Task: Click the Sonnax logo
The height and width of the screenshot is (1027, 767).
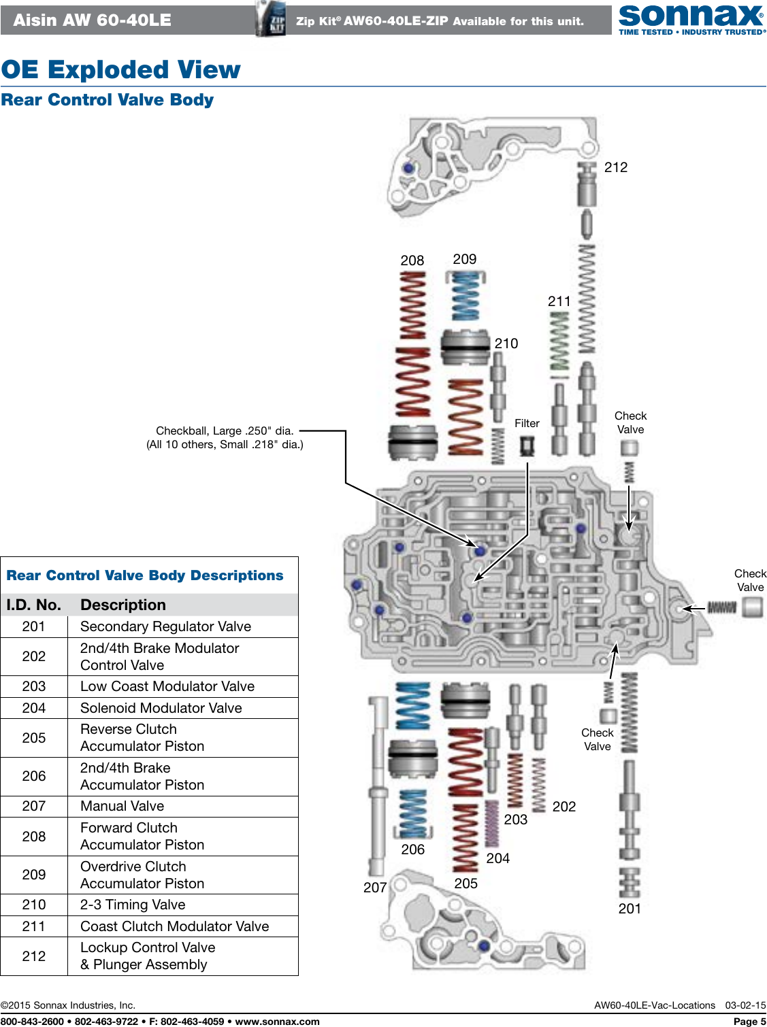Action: tap(691, 18)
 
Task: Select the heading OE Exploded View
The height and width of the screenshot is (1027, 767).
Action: tap(121, 69)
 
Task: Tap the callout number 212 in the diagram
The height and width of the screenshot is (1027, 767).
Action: tap(615, 167)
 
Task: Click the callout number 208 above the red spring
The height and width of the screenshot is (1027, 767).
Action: tap(412, 260)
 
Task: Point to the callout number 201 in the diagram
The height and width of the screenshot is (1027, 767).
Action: tap(630, 909)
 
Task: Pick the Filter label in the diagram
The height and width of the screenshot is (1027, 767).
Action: tap(527, 423)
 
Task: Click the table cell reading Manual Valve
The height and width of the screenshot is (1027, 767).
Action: tap(123, 806)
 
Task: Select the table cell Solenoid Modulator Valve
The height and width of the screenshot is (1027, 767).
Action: tap(161, 708)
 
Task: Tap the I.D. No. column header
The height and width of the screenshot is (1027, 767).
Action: tap(34, 605)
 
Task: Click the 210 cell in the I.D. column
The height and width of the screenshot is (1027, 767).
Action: tap(34, 905)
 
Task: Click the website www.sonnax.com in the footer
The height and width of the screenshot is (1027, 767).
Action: tap(277, 1021)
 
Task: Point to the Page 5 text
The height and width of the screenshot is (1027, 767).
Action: tap(749, 1021)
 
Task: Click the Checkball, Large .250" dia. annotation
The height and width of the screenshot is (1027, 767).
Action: tap(225, 431)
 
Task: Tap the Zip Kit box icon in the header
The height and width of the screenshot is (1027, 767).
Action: tap(271, 19)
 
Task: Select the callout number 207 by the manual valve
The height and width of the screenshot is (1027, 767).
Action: tap(375, 888)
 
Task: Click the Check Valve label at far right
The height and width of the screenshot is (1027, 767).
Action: tap(750, 580)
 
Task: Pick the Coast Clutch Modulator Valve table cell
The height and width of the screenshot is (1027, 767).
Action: tap(174, 926)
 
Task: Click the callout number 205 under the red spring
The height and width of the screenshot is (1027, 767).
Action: tap(466, 883)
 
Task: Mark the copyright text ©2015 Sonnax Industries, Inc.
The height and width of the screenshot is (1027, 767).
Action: tap(68, 1005)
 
